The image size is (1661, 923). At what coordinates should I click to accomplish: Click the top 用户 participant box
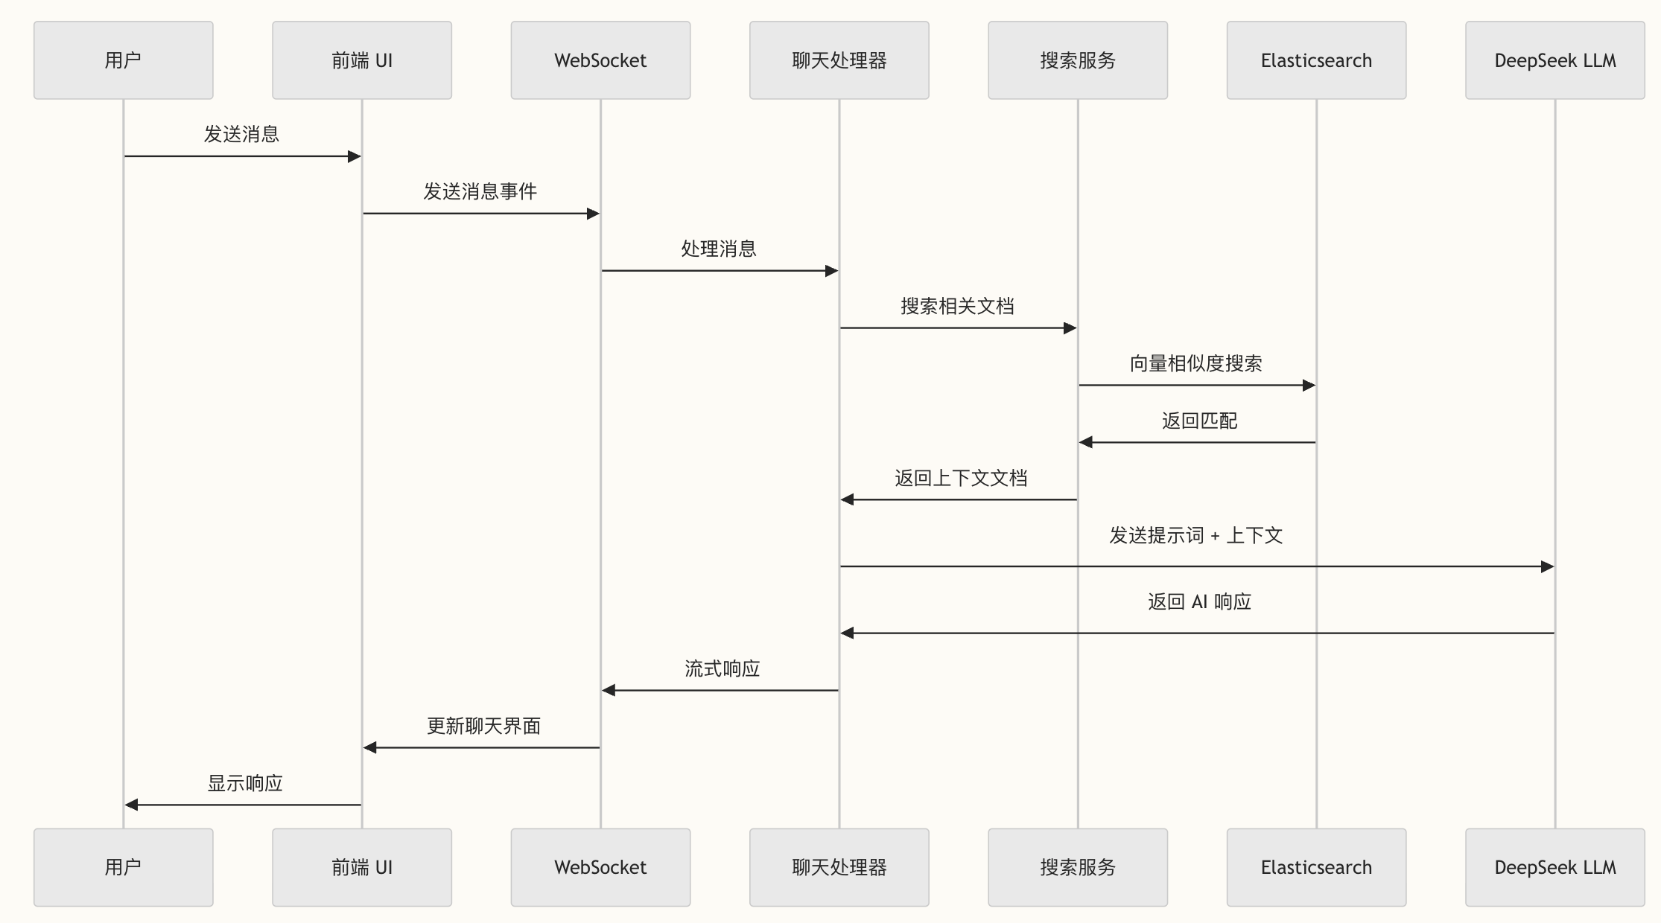[x=123, y=60]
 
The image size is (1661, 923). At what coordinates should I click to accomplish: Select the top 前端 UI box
[x=361, y=60]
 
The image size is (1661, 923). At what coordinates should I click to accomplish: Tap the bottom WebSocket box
[x=600, y=867]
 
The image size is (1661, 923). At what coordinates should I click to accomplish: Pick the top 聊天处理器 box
[x=839, y=60]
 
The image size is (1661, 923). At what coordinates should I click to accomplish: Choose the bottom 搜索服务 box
[x=1077, y=867]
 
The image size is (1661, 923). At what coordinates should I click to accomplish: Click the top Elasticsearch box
[x=1316, y=60]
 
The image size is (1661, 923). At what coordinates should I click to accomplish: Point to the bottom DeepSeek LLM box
[x=1554, y=867]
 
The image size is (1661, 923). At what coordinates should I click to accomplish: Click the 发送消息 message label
[x=242, y=135]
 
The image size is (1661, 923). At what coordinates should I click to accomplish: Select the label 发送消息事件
[x=480, y=192]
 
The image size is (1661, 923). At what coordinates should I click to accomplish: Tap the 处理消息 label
[x=719, y=249]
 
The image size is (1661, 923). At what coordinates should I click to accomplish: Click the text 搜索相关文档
[x=957, y=307]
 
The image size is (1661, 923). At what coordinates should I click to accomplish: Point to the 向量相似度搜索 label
[x=1196, y=364]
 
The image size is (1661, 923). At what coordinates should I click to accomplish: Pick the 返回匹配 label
[x=1199, y=421]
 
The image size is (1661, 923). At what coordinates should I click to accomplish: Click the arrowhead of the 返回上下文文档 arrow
[x=848, y=499]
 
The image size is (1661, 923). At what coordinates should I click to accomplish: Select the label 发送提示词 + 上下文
[x=1196, y=536]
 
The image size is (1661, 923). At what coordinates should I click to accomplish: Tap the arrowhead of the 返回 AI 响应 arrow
[x=848, y=633]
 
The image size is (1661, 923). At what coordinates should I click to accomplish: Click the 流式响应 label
[x=722, y=669]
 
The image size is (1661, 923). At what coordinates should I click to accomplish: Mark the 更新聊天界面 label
[x=483, y=726]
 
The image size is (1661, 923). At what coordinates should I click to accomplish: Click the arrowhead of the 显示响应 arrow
[x=132, y=805]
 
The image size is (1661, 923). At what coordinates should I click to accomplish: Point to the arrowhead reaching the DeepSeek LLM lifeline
[x=1547, y=566]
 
